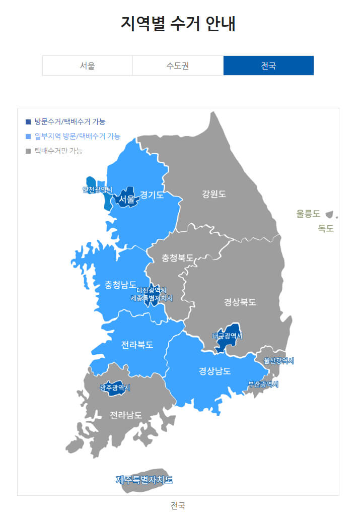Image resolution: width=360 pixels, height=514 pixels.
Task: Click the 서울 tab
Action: click(x=87, y=66)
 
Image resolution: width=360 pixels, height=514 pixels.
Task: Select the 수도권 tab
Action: click(x=178, y=66)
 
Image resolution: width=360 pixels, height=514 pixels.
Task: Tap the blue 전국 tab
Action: click(x=268, y=66)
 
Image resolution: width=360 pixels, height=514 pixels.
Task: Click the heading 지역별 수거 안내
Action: click(x=178, y=23)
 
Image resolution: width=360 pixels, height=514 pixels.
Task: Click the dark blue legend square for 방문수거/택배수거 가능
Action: click(x=28, y=121)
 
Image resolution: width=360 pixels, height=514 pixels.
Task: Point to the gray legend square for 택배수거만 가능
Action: click(x=28, y=151)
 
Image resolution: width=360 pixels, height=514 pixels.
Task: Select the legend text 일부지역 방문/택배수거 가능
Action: click(x=77, y=136)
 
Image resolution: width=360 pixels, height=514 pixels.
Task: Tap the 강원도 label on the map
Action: click(x=214, y=194)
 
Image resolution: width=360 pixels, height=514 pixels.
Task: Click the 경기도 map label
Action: click(x=152, y=195)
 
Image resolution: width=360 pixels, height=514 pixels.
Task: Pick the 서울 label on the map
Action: click(x=127, y=200)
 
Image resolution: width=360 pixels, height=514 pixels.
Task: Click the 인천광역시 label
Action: click(x=98, y=189)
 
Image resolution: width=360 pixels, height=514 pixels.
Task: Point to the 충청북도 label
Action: click(x=178, y=258)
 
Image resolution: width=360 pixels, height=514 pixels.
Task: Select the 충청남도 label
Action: click(x=120, y=284)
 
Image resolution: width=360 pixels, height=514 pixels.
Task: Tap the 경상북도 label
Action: click(x=240, y=302)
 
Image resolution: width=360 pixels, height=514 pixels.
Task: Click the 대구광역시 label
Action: click(x=227, y=336)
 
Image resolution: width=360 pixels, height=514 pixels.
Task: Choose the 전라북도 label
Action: click(x=137, y=345)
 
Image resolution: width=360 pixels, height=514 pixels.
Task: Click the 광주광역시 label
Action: click(x=115, y=388)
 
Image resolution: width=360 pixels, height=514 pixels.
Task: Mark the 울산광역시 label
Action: click(x=278, y=361)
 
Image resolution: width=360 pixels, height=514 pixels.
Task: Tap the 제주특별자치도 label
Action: click(x=145, y=479)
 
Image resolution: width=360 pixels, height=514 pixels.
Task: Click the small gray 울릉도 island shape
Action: click(x=330, y=214)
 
